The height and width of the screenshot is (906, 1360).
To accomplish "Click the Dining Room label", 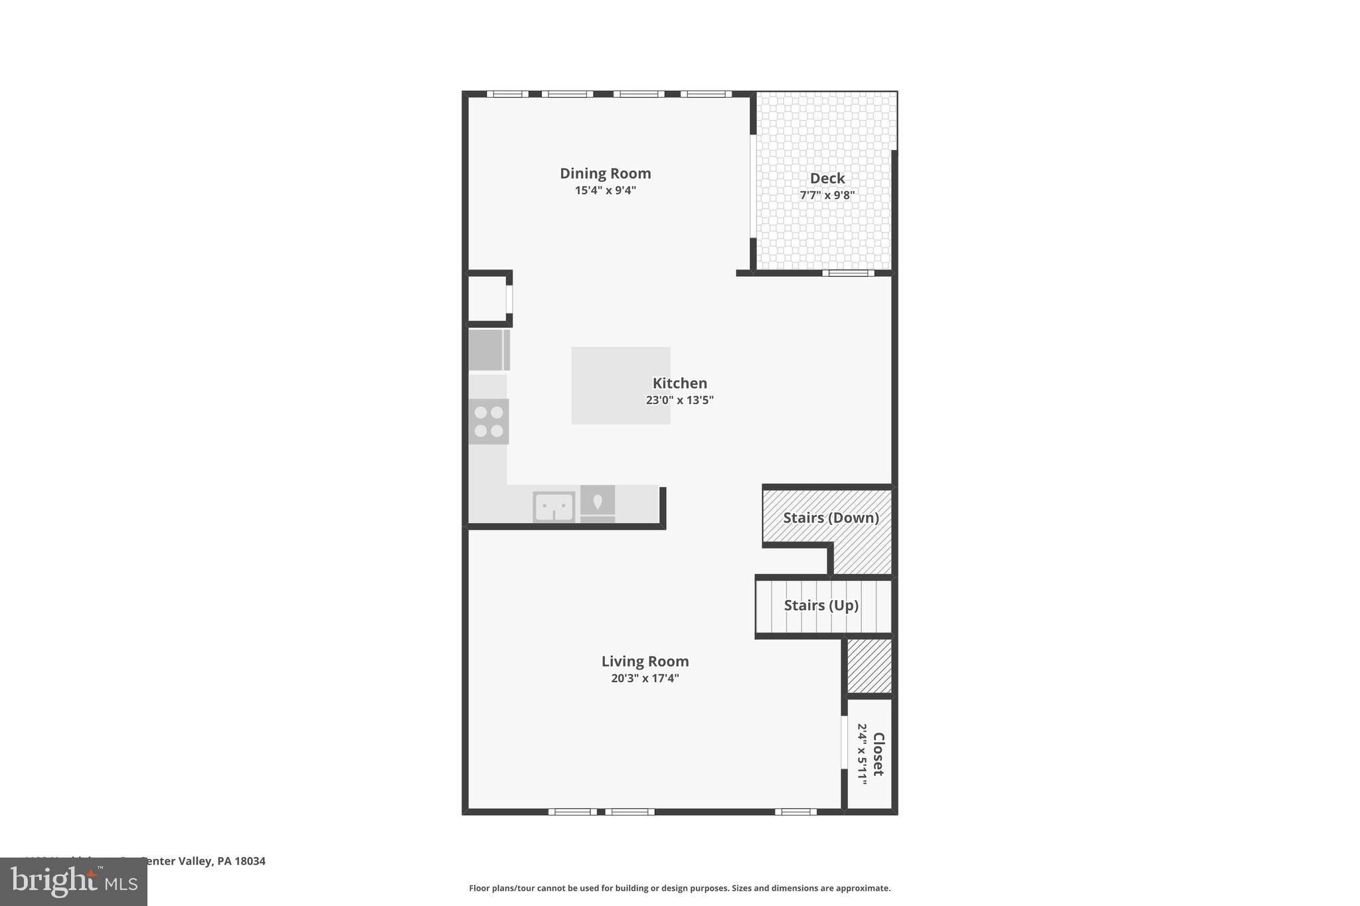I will tap(605, 173).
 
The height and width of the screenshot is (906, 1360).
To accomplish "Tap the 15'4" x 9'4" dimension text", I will tap(605, 190).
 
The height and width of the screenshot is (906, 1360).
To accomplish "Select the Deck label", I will tap(827, 178).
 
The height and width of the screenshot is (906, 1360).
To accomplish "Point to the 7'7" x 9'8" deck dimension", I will tap(827, 195).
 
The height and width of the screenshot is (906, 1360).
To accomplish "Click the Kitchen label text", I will tap(679, 383).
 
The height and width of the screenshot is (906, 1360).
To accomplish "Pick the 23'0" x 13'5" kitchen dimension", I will tap(679, 400).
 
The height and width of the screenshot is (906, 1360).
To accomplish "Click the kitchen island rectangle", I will tap(620, 385).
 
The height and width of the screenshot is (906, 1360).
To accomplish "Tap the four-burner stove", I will tap(489, 421).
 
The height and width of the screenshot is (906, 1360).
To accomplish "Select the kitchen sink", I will tap(554, 507).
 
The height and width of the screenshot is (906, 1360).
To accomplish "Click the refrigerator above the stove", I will tap(489, 350).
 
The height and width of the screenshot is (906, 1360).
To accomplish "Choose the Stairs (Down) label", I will tap(830, 518).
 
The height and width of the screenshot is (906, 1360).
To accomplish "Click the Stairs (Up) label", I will tap(821, 605).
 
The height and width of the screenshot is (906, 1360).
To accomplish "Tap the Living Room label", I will tap(645, 661).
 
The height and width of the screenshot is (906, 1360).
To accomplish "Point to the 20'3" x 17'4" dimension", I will tap(645, 678).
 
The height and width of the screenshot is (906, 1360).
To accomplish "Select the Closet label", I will tap(878, 754).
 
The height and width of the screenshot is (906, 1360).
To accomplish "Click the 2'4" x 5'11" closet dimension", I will tap(862, 754).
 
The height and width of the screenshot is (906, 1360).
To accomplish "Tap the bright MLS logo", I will tap(74, 881).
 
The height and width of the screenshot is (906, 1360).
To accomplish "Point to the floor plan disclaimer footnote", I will tap(679, 888).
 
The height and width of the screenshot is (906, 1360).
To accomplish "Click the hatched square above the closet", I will tap(869, 666).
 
